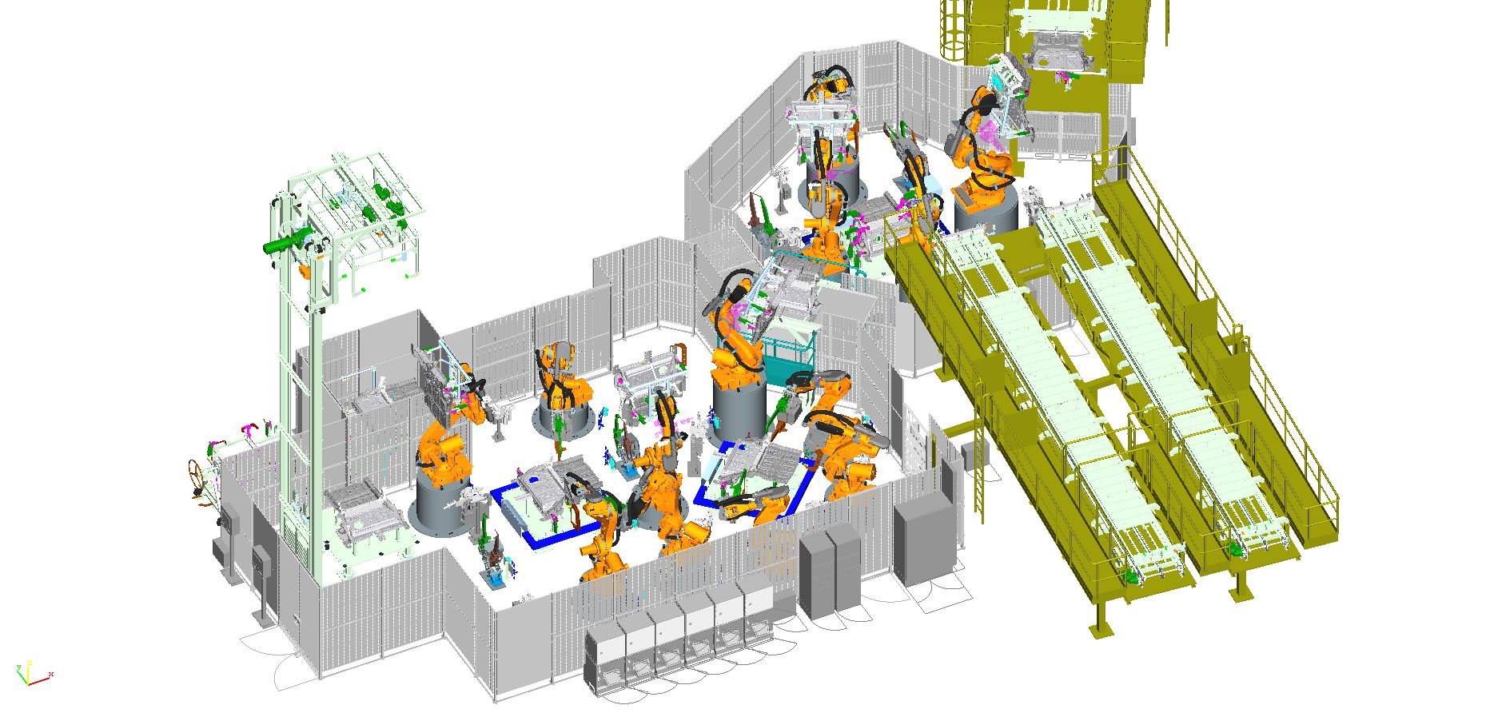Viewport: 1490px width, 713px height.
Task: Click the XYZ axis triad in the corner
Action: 29,674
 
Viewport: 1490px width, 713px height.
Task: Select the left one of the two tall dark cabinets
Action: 816,574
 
